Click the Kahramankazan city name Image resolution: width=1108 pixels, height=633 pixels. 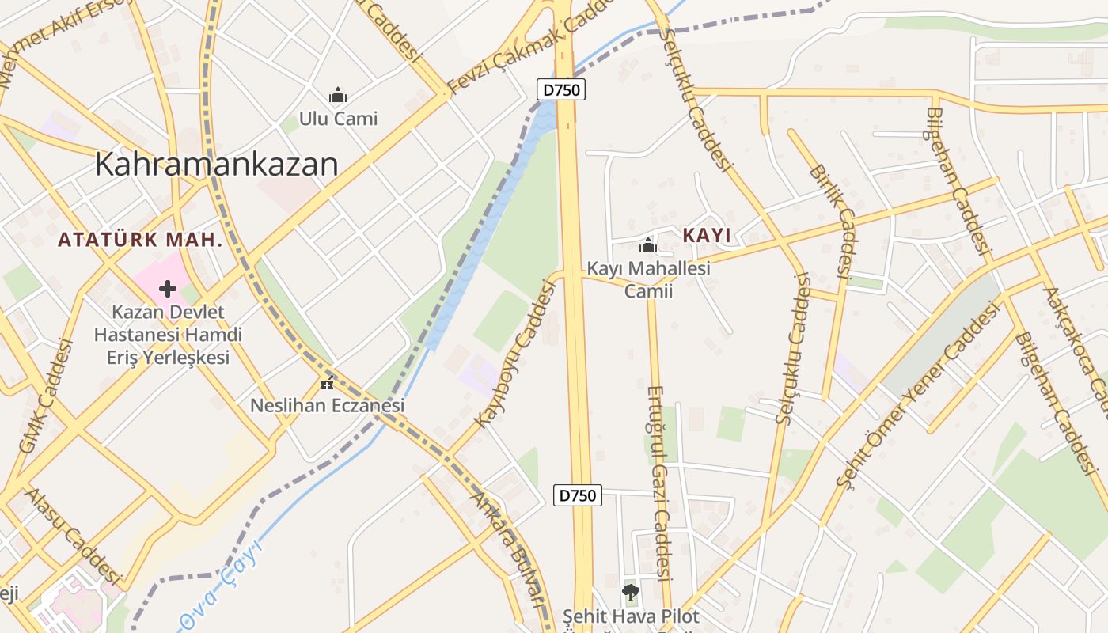pyautogui.click(x=216, y=164)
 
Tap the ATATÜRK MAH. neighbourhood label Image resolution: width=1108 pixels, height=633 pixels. pyautogui.click(x=140, y=240)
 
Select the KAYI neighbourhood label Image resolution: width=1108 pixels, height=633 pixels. pyautogui.click(x=706, y=235)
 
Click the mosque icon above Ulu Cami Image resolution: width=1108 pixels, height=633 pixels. pyautogui.click(x=338, y=96)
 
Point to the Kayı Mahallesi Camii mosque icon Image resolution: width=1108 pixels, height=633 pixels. pyautogui.click(x=648, y=245)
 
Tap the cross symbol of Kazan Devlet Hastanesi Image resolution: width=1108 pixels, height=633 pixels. pyautogui.click(x=168, y=288)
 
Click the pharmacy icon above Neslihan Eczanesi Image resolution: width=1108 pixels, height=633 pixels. pyautogui.click(x=327, y=385)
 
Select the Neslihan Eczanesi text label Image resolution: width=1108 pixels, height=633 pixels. pyautogui.click(x=327, y=405)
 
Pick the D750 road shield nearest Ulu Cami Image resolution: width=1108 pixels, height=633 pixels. pyautogui.click(x=561, y=89)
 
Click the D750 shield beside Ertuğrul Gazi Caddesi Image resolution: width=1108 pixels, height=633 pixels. pyautogui.click(x=578, y=495)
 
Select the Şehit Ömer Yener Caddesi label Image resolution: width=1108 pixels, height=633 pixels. pyautogui.click(x=918, y=396)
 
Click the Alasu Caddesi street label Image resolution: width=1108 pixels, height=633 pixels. pyautogui.click(x=73, y=536)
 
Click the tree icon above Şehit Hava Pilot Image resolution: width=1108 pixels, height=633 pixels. pyautogui.click(x=630, y=592)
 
